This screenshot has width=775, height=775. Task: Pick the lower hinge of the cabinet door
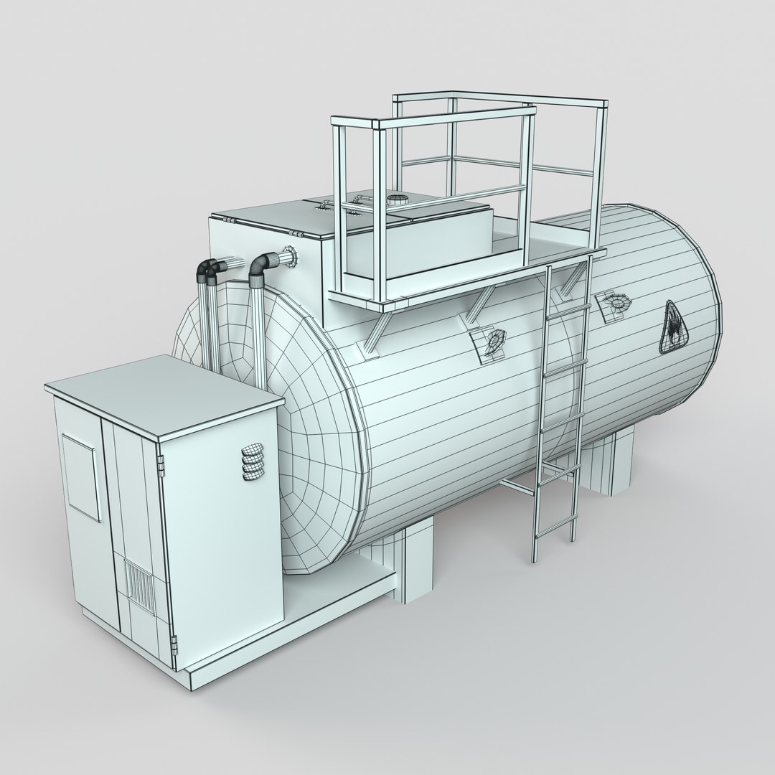click(172, 637)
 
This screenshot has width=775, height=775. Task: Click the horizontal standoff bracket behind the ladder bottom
click(517, 487)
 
